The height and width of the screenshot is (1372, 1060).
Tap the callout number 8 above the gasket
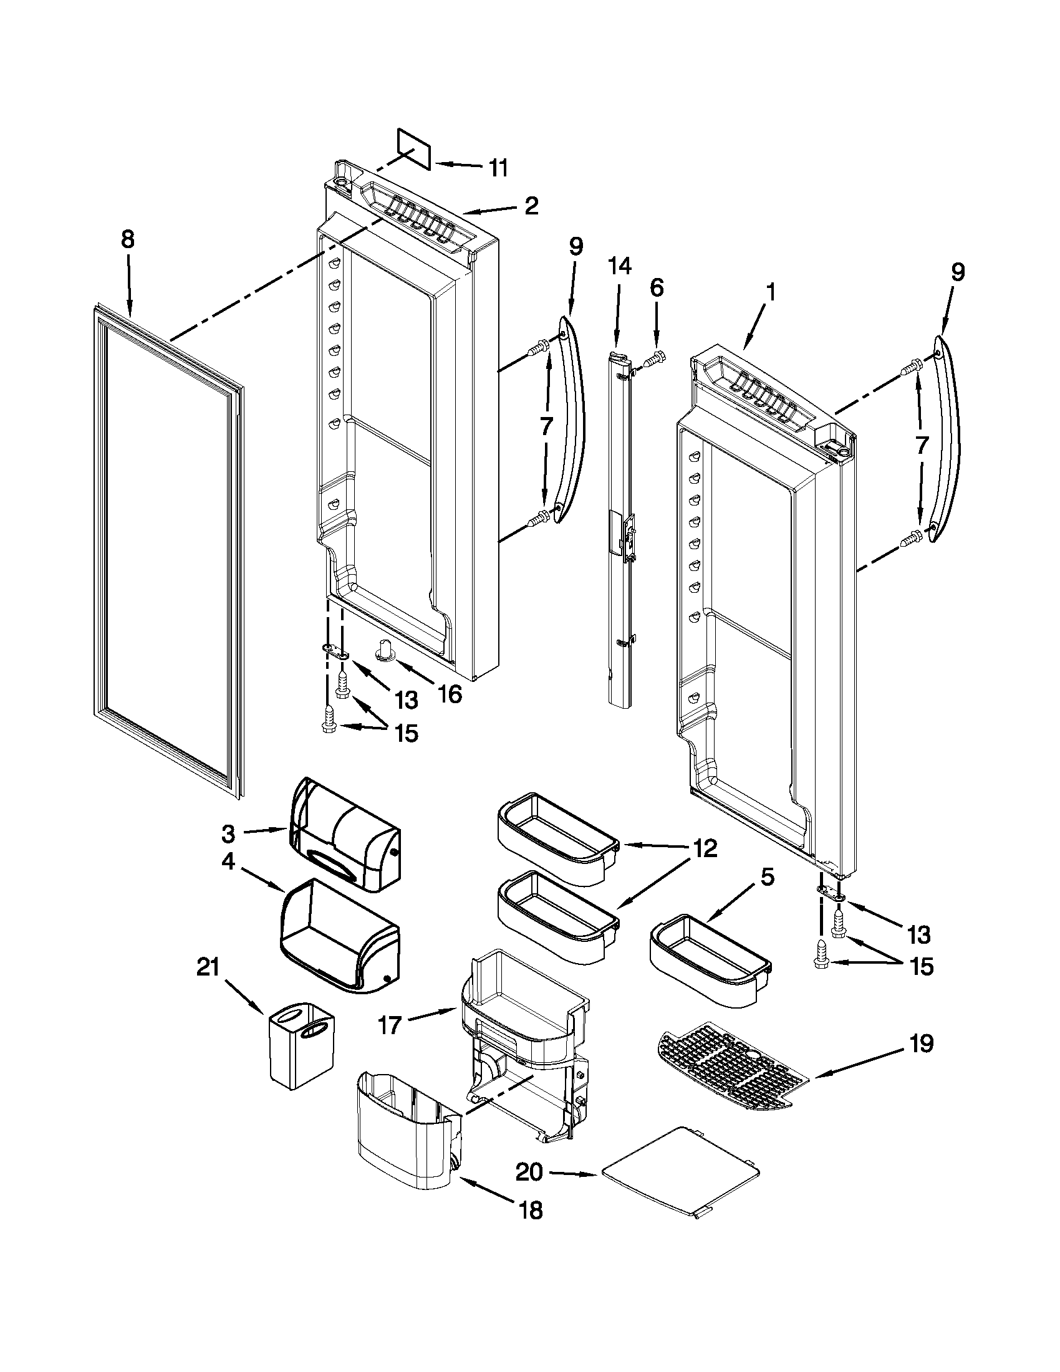tap(128, 240)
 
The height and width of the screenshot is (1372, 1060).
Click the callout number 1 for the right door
tap(770, 293)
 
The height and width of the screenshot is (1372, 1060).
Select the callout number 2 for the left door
tap(531, 206)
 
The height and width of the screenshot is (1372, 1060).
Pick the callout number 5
tap(767, 878)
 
